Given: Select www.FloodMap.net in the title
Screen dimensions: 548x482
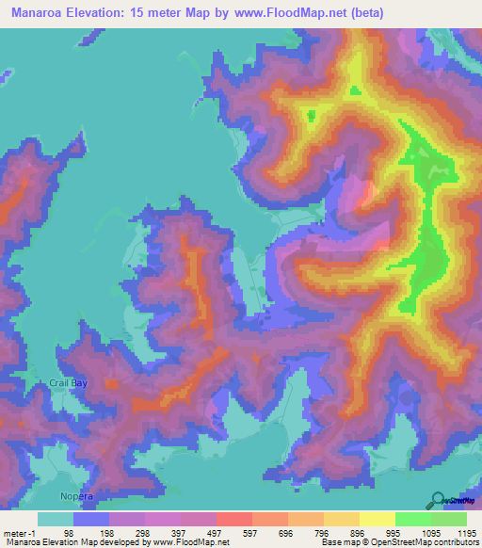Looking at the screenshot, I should pyautogui.click(x=287, y=11).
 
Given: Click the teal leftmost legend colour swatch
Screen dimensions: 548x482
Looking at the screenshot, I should pyautogui.click(x=55, y=519).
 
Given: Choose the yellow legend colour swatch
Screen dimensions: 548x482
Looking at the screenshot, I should pyautogui.click(x=377, y=519).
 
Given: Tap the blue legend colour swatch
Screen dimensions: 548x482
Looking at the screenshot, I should pyautogui.click(x=90, y=519).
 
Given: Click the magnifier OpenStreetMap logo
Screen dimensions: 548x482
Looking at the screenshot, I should pyautogui.click(x=437, y=500).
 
